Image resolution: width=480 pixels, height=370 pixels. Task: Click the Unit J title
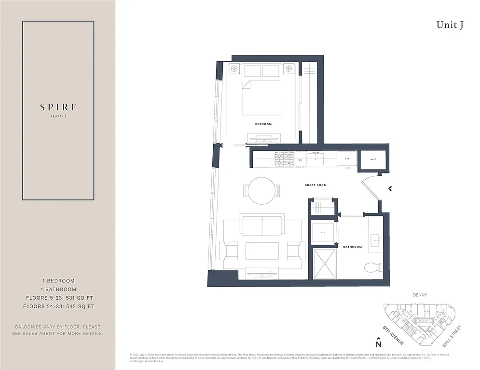click(450, 26)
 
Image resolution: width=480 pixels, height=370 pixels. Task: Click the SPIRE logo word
click(58, 107)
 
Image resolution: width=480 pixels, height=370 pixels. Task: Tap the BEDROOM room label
click(263, 124)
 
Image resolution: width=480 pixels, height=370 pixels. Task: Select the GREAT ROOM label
click(315, 185)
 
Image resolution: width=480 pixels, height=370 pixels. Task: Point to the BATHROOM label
click(352, 247)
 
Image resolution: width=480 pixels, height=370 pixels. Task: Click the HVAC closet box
click(373, 159)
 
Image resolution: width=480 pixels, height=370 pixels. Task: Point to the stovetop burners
click(285, 159)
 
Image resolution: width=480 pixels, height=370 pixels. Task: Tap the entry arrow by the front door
click(390, 188)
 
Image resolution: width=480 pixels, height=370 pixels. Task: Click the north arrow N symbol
click(379, 343)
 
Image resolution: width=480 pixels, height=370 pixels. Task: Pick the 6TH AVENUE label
click(393, 335)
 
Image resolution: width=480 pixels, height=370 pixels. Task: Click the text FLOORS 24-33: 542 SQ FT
click(60, 306)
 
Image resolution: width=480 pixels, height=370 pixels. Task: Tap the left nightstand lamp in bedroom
click(234, 69)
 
